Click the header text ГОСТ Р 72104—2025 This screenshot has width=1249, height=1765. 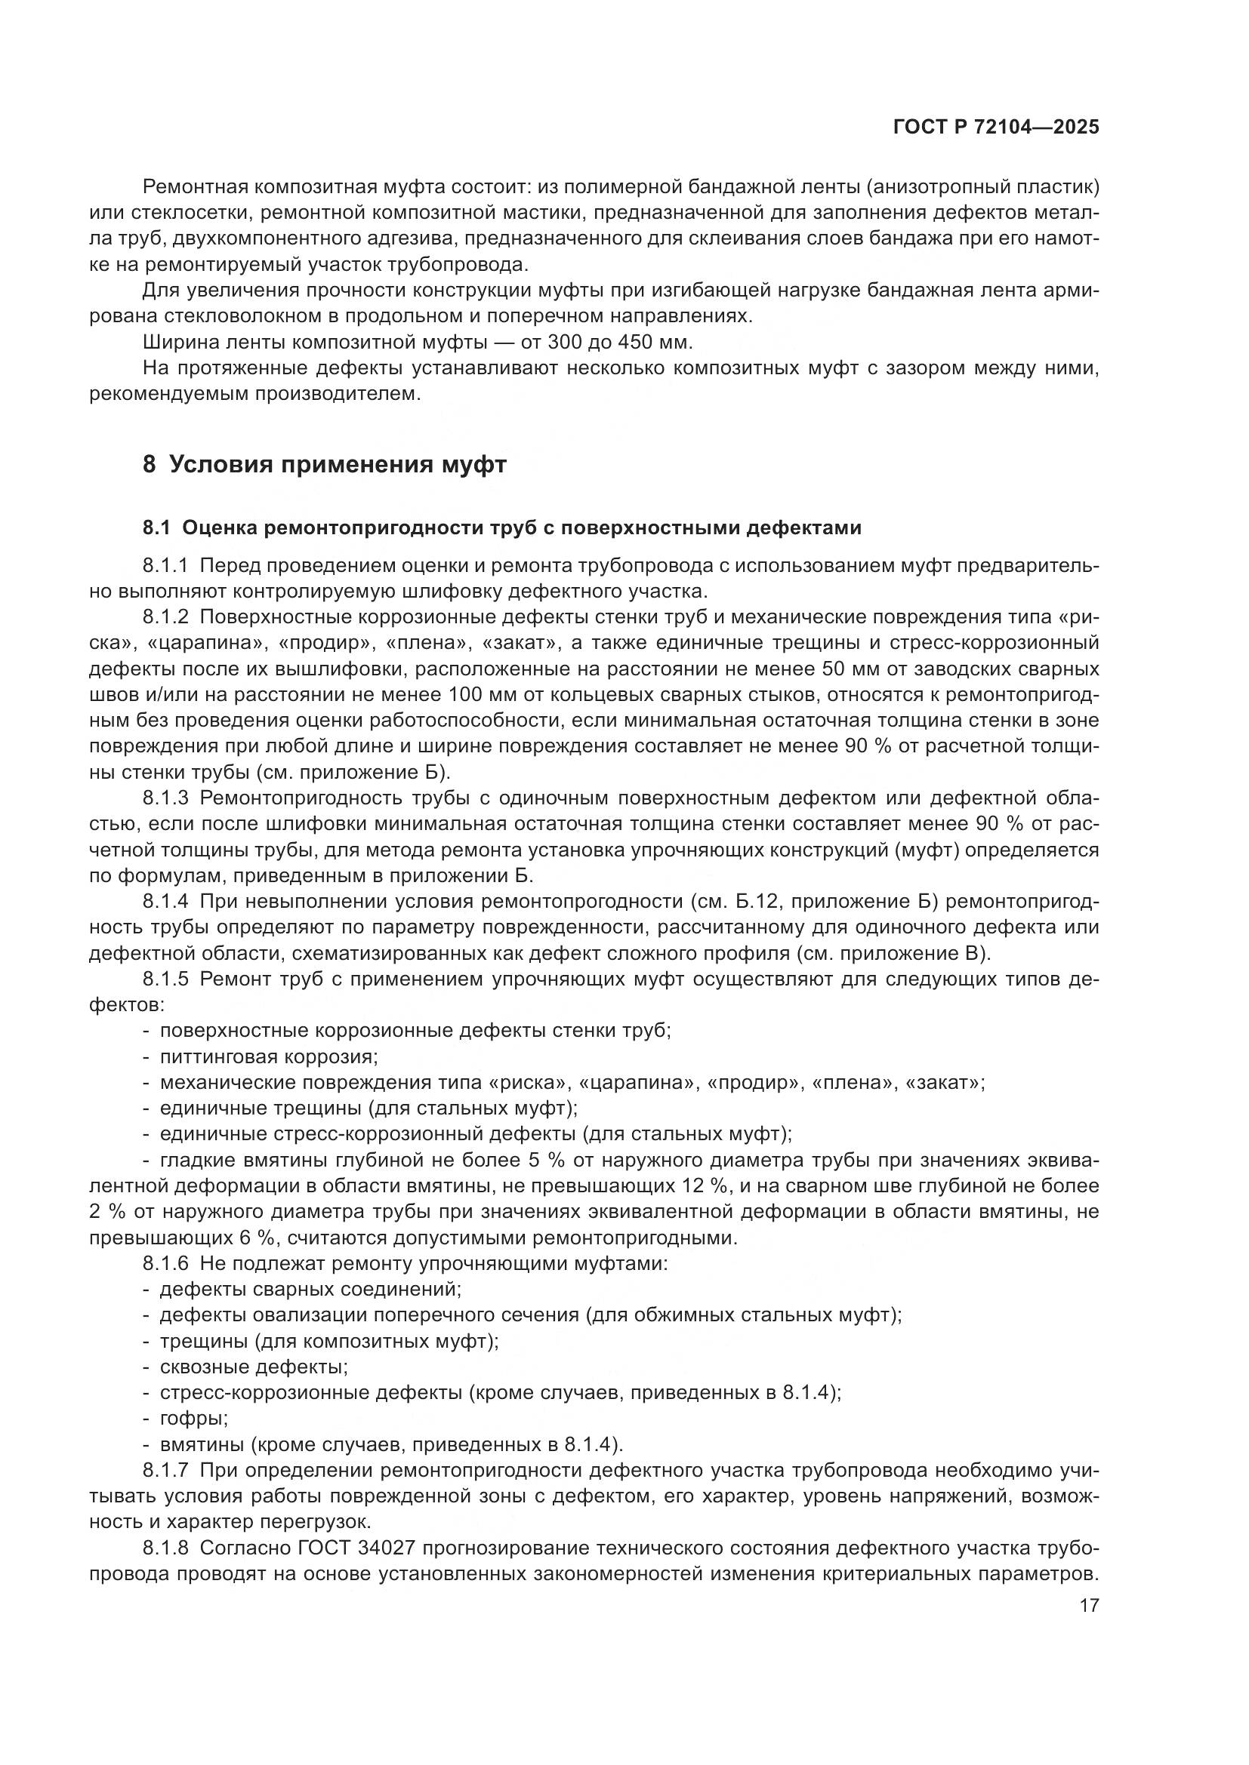[995, 128]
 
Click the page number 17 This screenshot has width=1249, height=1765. [1089, 1605]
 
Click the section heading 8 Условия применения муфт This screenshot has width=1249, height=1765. [324, 465]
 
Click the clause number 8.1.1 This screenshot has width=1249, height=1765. [165, 566]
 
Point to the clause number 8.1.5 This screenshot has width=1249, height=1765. [165, 979]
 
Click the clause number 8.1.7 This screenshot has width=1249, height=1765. [165, 1471]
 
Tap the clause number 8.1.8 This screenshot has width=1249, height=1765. [165, 1548]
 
